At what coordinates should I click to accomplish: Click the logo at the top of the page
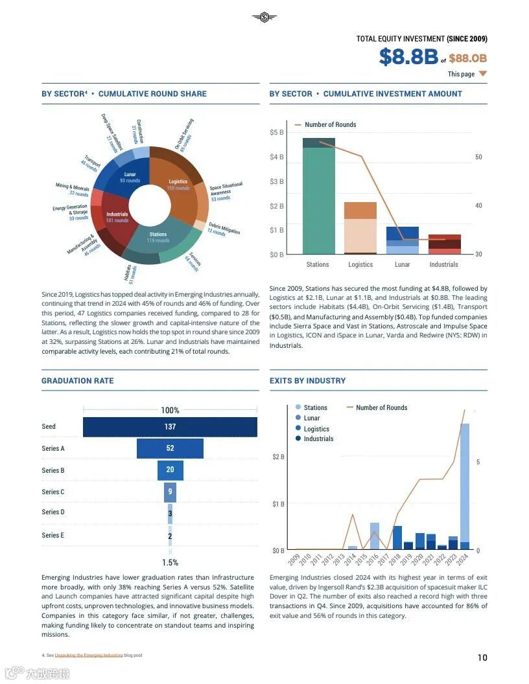tap(264, 17)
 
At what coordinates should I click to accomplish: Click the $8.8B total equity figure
tap(408, 57)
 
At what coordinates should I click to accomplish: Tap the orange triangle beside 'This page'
tap(482, 74)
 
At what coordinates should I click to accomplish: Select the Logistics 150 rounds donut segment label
tap(178, 185)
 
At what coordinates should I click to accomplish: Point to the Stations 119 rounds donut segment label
tap(158, 237)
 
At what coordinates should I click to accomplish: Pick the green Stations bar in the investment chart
tap(318, 201)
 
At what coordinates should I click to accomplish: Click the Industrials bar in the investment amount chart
tap(444, 244)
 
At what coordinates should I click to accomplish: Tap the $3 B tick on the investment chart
tap(276, 181)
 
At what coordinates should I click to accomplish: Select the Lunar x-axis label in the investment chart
tap(402, 264)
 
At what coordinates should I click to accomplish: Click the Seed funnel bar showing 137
tap(170, 427)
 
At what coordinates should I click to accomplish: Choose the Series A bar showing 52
tap(170, 448)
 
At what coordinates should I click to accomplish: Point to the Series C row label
tap(53, 492)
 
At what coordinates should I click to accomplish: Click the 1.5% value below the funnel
tap(170, 562)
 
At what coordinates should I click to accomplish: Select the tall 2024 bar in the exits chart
tap(465, 486)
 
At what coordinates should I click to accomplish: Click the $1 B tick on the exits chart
tap(277, 503)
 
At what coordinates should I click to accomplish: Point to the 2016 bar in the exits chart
tap(375, 536)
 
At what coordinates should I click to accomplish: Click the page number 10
tap(482, 657)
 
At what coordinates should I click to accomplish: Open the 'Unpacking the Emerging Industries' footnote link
tap(89, 655)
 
